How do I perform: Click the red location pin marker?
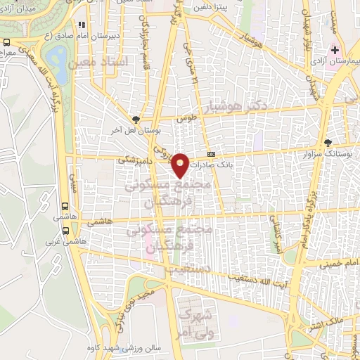181,165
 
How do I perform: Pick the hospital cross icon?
335,50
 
